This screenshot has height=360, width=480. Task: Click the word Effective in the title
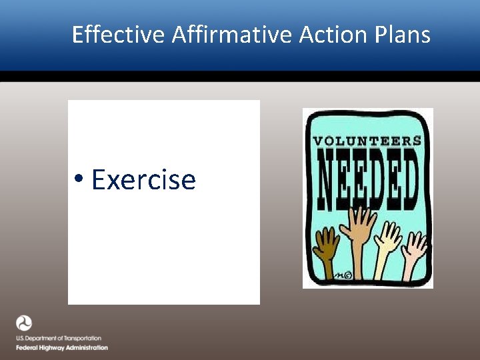[118, 35]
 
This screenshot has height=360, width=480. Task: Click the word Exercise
[143, 180]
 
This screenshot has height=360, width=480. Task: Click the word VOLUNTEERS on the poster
[367, 141]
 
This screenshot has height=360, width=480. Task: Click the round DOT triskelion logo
[24, 323]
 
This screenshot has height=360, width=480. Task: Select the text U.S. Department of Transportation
[59, 339]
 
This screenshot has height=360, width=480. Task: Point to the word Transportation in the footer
[82, 339]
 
